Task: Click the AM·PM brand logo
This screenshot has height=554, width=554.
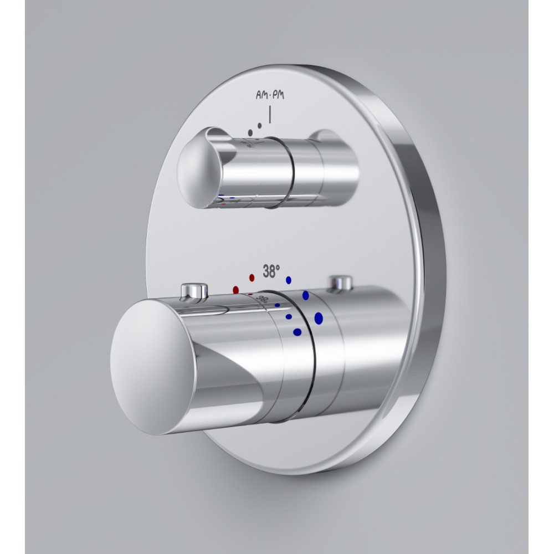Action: point(270,95)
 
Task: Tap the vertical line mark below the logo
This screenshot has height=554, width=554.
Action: point(270,115)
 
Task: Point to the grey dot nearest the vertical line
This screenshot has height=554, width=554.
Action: point(260,125)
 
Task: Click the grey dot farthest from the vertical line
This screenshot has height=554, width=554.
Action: point(250,133)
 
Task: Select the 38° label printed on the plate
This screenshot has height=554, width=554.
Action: point(271,271)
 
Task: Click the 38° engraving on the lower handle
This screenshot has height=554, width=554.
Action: point(262,300)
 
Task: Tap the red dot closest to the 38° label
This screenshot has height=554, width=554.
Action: point(252,278)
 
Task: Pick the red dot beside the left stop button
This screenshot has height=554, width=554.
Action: point(235,290)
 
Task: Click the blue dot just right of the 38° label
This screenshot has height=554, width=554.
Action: point(289,280)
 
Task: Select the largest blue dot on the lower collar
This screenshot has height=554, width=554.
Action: point(319,319)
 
